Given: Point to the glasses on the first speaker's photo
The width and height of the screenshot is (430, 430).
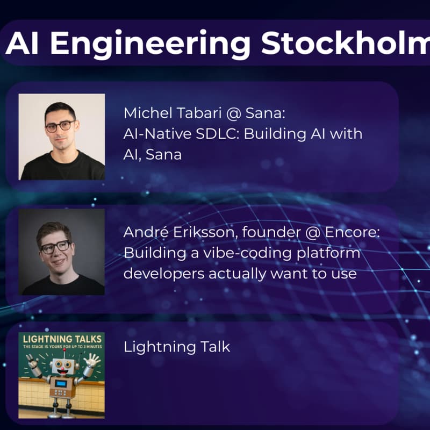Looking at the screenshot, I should click(60, 126).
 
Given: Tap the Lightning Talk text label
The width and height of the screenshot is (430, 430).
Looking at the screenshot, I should click(177, 347).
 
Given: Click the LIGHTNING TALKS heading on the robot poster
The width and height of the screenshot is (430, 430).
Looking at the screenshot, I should click(61, 338).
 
